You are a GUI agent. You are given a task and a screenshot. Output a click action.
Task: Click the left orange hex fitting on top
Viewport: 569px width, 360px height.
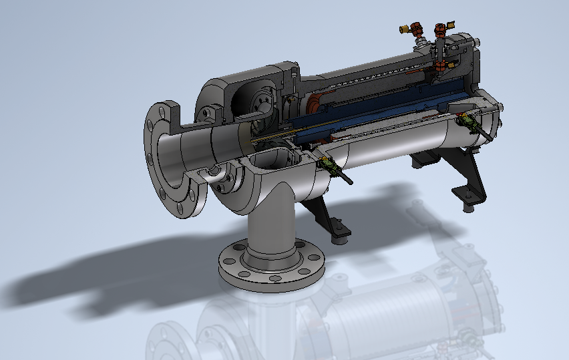pos(417,29)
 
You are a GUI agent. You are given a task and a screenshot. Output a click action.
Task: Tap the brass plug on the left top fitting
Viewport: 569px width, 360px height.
pos(403,29)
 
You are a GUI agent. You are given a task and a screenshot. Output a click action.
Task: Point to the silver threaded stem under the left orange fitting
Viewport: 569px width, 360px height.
pos(420,41)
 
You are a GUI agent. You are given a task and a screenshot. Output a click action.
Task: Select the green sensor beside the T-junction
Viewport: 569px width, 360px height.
pos(327,163)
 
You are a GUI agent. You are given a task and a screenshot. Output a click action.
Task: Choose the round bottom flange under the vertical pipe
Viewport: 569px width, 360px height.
pos(271,267)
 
